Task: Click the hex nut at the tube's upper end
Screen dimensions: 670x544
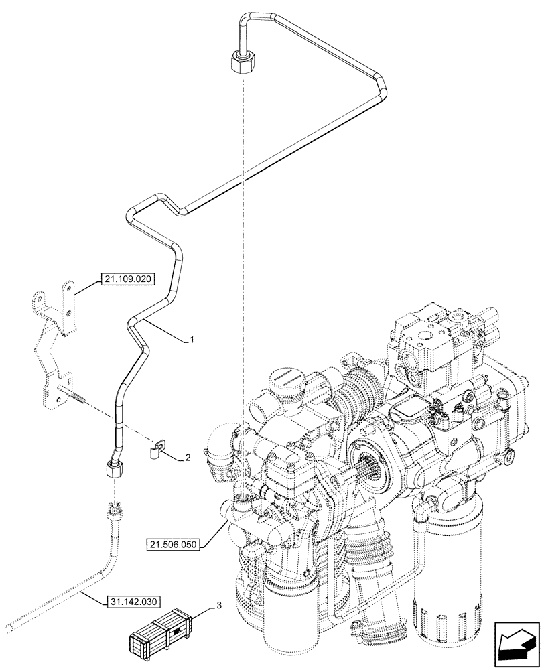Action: [x=241, y=62]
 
